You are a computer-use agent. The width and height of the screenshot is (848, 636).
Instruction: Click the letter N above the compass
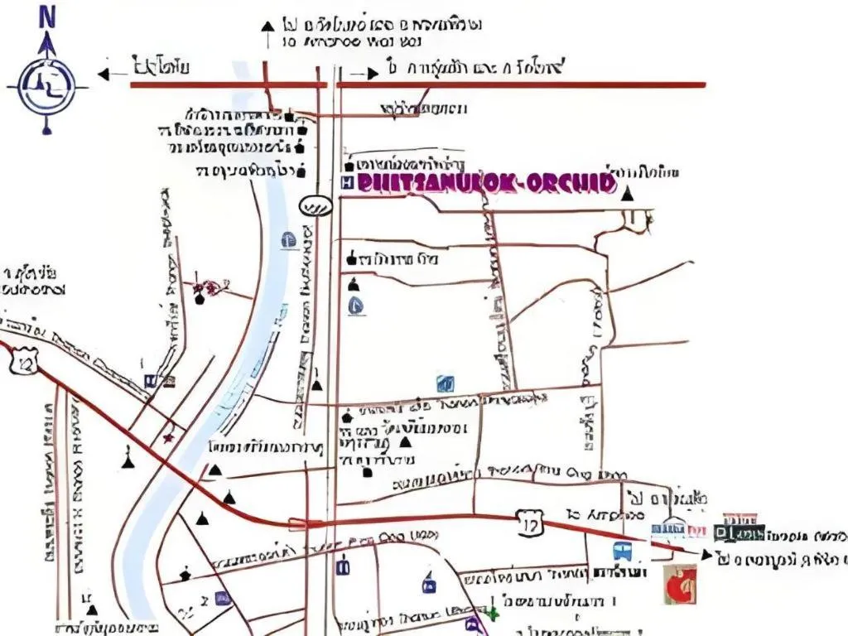pyautogui.click(x=46, y=16)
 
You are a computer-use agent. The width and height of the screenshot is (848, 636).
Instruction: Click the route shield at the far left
pyautogui.click(x=23, y=361)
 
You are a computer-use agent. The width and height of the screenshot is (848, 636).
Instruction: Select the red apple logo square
pyautogui.click(x=679, y=585)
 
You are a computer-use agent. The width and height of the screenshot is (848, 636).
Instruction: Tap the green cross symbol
pyautogui.click(x=492, y=614)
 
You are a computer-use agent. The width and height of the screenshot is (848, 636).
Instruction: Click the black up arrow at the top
pyautogui.click(x=267, y=27)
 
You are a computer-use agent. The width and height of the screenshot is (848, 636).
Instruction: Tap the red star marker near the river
pyautogui.click(x=170, y=436)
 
